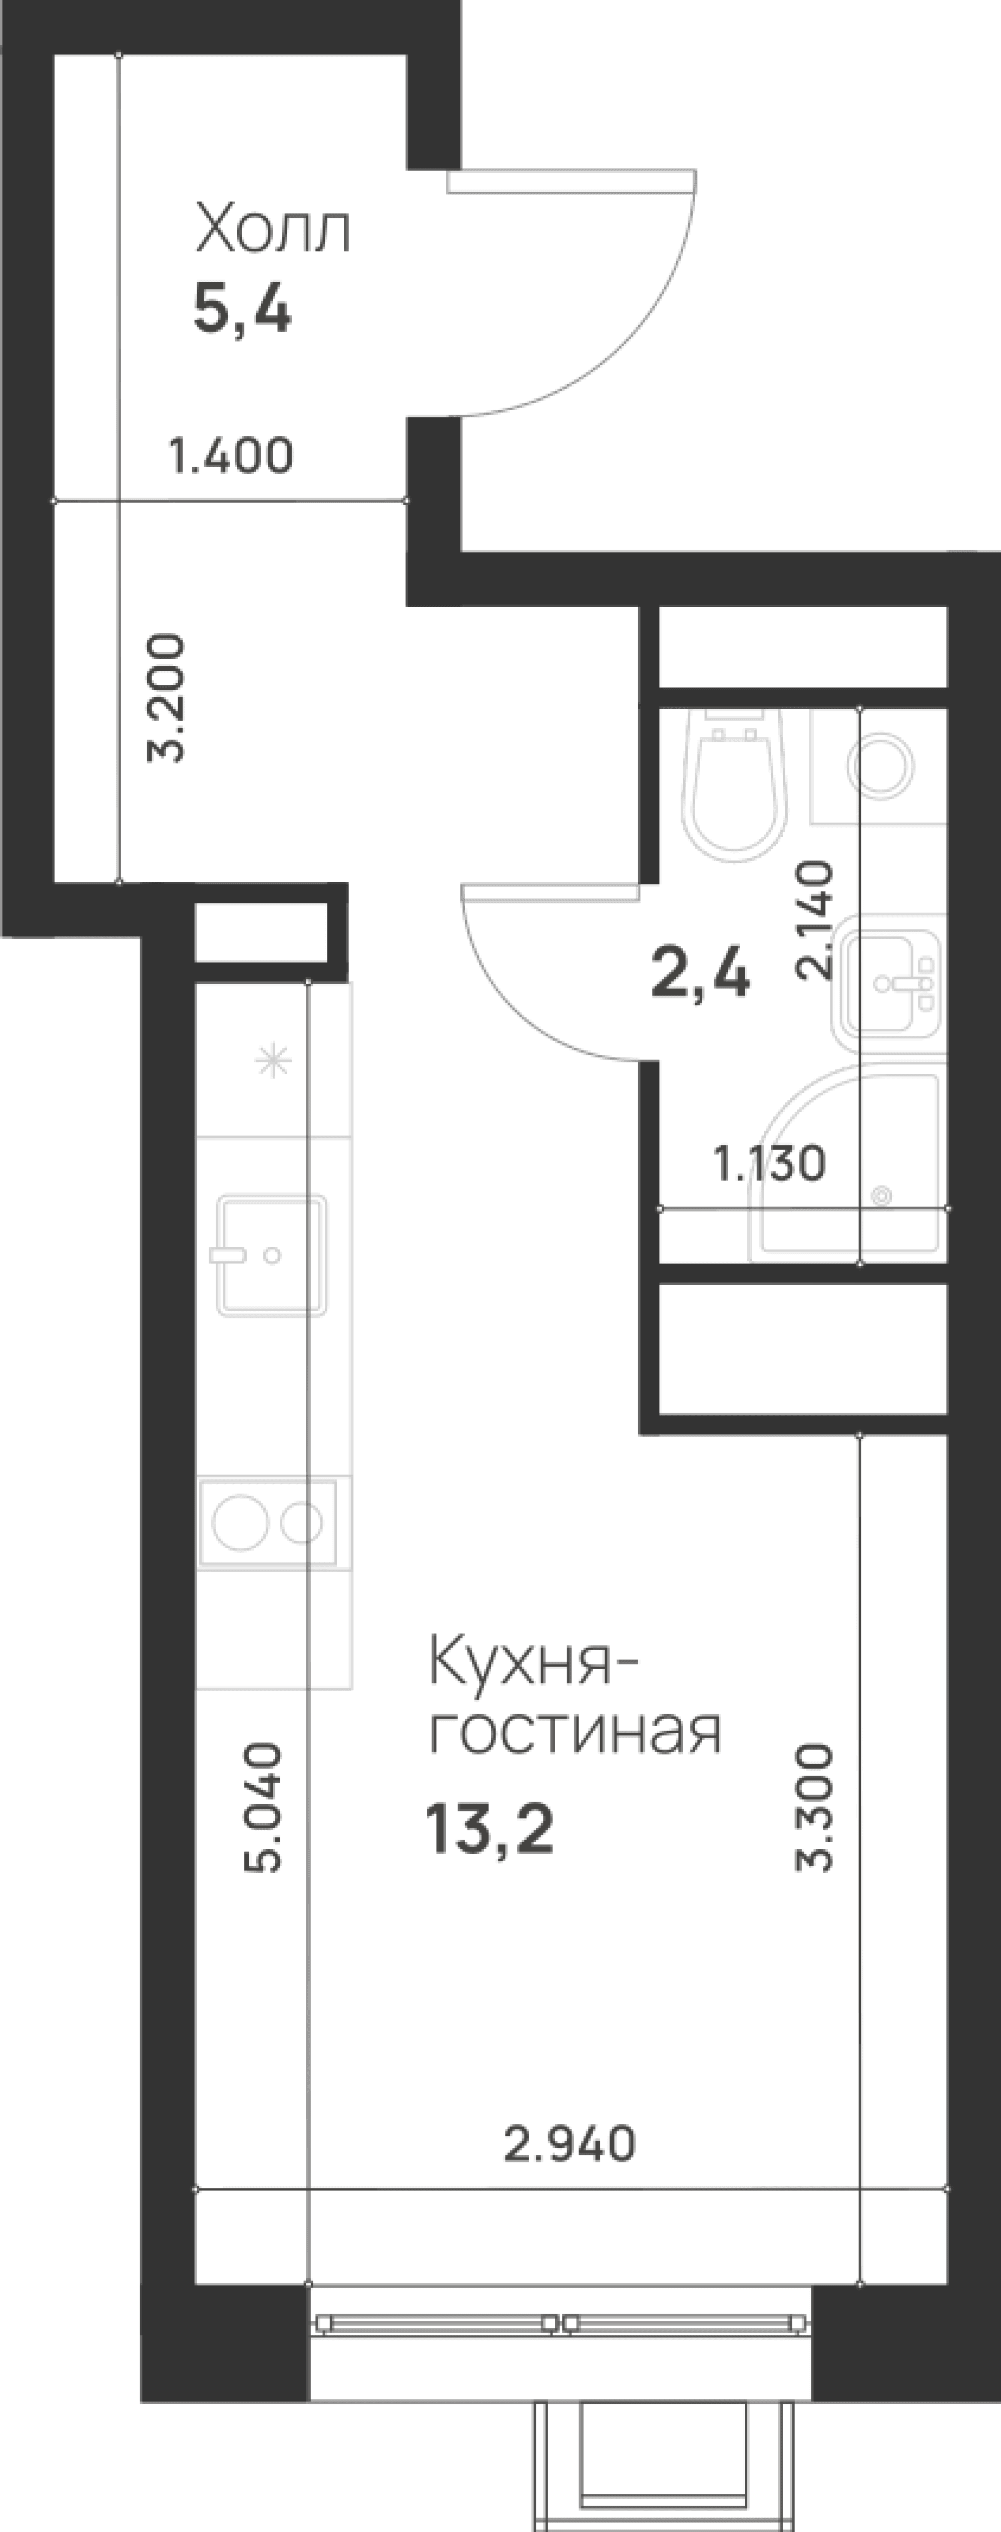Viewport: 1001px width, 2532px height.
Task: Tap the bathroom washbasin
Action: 890,983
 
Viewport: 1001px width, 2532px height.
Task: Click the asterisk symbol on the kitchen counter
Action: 273,1061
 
